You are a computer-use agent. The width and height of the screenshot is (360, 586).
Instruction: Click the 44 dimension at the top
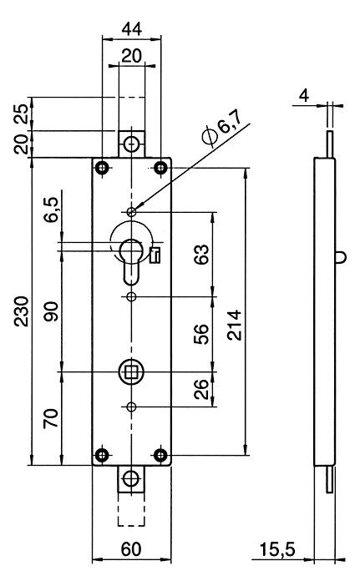pos(132,29)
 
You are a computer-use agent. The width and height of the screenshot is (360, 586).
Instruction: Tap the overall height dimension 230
pos(22,311)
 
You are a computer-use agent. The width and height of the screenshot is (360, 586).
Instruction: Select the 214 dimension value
pos(235,325)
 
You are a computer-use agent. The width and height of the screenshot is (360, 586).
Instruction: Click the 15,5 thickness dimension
pos(277,550)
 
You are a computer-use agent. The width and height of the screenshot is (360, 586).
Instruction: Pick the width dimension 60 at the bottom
pos(131,549)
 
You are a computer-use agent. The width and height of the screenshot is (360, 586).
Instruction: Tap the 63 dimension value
pos(202,254)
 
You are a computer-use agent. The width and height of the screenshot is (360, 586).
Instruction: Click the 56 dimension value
pos(200,334)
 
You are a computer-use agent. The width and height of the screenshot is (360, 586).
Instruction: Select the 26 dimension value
pos(200,389)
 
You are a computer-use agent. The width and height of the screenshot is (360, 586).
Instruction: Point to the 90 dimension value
pos(51,311)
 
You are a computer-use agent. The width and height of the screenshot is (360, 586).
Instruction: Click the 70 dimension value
pos(51,418)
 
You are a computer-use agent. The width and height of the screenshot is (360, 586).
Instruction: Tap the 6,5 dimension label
pos(51,210)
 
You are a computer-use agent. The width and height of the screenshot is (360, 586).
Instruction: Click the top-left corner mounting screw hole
pos(102,168)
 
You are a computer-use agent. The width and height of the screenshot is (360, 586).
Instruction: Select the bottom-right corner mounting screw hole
pos(160,455)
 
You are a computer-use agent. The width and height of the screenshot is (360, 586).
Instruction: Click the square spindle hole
pos(131,371)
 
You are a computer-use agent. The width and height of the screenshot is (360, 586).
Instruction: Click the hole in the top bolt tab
pos(131,144)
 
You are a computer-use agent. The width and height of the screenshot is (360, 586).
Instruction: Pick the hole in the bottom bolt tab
pos(131,479)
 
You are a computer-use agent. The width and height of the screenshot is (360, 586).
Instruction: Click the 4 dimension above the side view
pos(304,96)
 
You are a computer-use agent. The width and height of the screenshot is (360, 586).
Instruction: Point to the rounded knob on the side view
pos(340,257)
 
